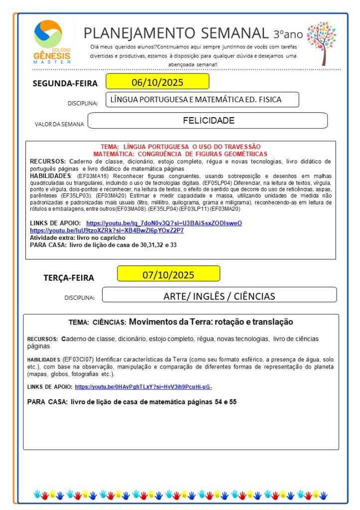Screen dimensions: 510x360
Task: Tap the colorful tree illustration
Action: pyautogui.click(x=321, y=43)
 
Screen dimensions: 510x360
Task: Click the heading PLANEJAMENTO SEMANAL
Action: pyautogui.click(x=176, y=33)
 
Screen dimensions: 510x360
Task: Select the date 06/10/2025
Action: pyautogui.click(x=157, y=82)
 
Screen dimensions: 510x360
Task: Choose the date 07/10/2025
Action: pyautogui.click(x=168, y=274)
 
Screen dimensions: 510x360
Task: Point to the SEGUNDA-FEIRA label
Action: pyautogui.click(x=65, y=83)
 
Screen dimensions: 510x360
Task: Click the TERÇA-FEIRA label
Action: pyautogui.click(x=69, y=278)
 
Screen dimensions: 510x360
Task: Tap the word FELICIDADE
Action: pyautogui.click(x=208, y=121)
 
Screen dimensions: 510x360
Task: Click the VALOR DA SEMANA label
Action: pyautogui.click(x=59, y=124)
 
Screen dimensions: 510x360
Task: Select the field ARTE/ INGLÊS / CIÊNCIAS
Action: pyautogui.click(x=219, y=296)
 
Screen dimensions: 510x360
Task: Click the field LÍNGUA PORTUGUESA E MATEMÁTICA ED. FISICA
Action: pyautogui.click(x=202, y=100)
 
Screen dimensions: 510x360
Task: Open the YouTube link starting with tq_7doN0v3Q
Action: pyautogui.click(x=164, y=223)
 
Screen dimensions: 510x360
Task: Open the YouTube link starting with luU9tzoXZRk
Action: pyautogui.click(x=107, y=230)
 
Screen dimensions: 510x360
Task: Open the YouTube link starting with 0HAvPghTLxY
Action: pyautogui.click(x=147, y=387)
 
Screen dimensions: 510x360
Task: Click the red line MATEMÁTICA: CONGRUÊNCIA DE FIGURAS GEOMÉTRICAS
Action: pyautogui.click(x=180, y=154)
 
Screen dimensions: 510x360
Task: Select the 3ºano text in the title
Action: pyautogui.click(x=288, y=34)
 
